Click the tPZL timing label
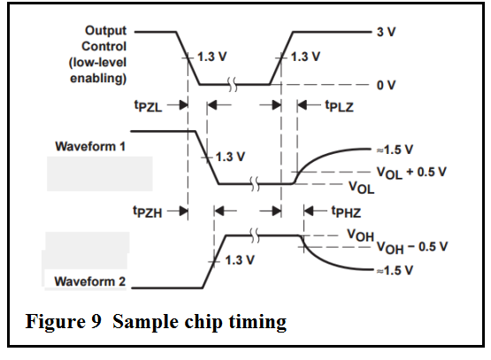148,106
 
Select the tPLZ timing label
340,106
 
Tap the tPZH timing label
148,212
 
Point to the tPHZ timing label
346,212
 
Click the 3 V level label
386,32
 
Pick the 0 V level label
386,85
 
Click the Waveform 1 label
90,147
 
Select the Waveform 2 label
90,281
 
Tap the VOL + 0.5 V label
411,172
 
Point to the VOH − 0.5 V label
412,248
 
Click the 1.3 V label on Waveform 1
230,157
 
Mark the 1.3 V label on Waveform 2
240,260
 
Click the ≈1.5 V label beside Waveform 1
395,149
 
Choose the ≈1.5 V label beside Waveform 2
395,271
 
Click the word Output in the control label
105,31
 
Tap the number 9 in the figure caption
96,321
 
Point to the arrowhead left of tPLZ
302,105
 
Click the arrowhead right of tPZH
183,211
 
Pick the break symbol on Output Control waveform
232,85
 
